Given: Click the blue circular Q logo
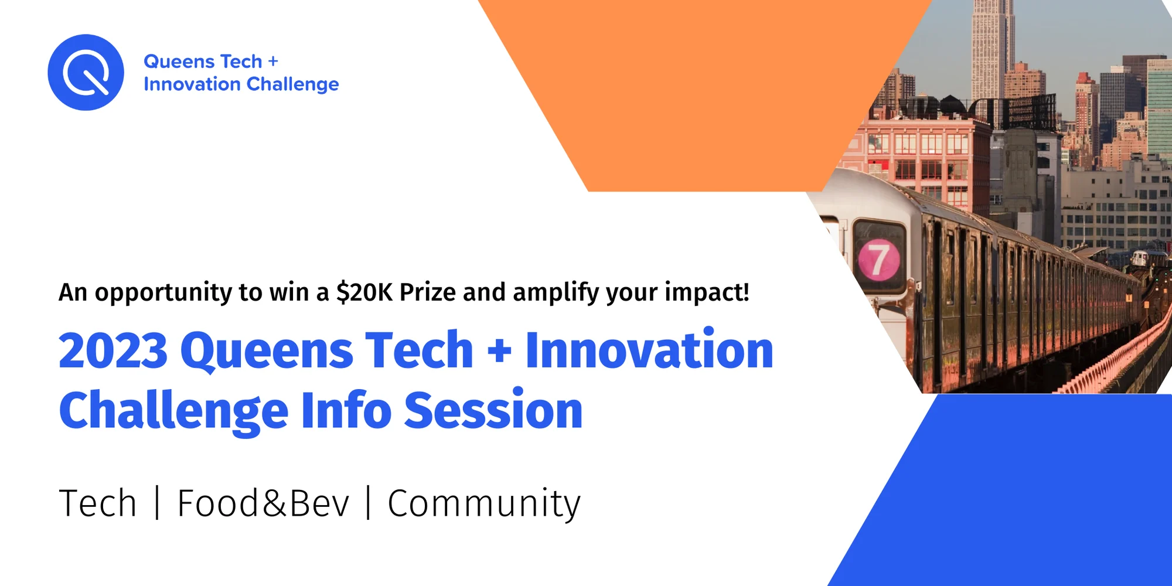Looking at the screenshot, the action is coord(86,72).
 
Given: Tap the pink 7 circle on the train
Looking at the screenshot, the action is coord(879,259).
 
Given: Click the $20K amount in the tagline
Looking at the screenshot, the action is coord(364,292).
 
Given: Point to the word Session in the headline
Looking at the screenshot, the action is coord(493,410).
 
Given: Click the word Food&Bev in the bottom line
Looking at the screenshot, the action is coord(263,503).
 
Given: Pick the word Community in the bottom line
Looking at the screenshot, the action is coord(484,504).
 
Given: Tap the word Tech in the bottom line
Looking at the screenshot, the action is coord(98,503).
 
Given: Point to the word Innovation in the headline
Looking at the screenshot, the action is coord(649,350).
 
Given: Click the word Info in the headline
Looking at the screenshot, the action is coord(346,410).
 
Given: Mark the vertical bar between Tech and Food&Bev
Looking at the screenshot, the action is coord(157,503).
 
